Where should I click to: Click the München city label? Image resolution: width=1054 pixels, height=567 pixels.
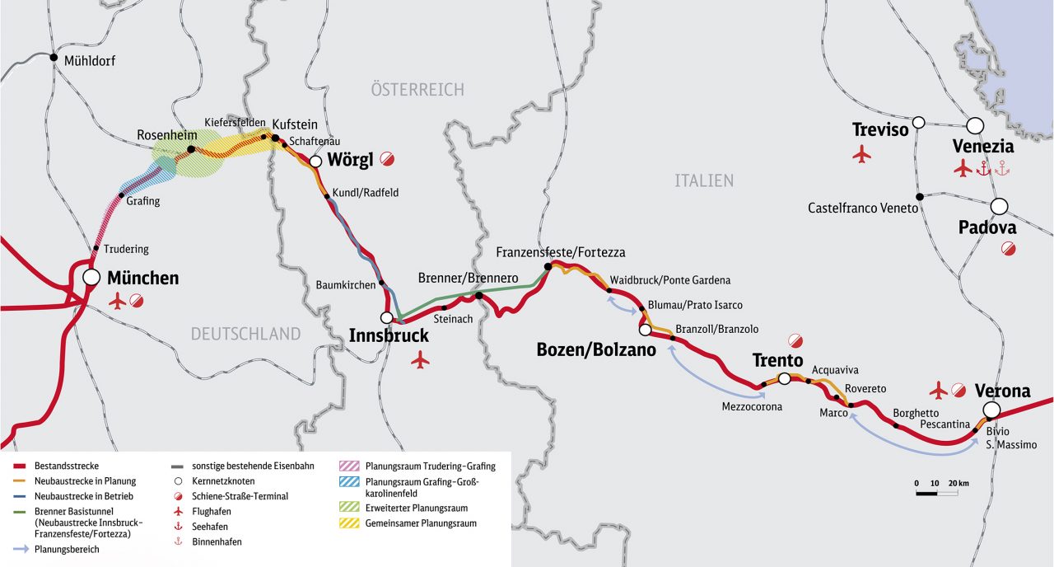(x=142, y=278)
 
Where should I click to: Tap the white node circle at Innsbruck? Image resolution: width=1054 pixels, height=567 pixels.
(x=386, y=317)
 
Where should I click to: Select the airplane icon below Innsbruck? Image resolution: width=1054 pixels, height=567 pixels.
(x=420, y=359)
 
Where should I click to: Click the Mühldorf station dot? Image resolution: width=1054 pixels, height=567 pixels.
(x=54, y=59)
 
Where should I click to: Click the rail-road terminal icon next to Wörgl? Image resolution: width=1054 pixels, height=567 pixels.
(x=386, y=159)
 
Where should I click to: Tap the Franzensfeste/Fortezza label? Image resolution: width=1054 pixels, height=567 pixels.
(x=560, y=252)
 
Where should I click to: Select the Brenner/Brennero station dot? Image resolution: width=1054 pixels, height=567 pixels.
(x=478, y=295)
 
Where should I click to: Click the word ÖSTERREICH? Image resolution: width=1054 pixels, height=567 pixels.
(x=417, y=90)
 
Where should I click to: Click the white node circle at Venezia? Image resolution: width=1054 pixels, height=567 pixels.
(x=975, y=125)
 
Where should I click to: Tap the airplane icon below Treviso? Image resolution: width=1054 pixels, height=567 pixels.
(x=862, y=154)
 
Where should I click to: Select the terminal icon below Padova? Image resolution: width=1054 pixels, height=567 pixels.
(x=1008, y=248)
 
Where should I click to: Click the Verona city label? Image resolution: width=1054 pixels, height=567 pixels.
(x=1002, y=391)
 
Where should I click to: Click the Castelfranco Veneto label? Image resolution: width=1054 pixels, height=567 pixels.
(x=862, y=209)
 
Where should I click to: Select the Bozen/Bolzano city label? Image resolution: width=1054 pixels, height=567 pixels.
(x=596, y=349)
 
